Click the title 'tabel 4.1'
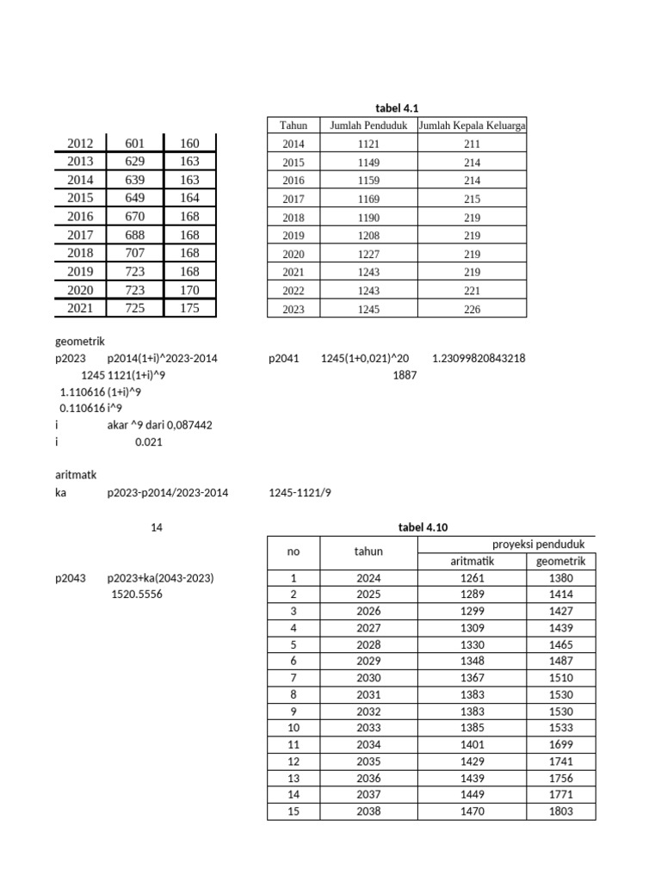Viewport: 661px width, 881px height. (x=396, y=108)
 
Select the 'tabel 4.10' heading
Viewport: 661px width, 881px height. (x=423, y=527)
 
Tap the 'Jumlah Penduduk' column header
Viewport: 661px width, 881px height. (x=368, y=126)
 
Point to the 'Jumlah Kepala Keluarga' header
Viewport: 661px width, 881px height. (x=472, y=126)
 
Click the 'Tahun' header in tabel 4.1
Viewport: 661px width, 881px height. (x=293, y=126)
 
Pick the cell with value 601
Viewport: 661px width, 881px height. (x=135, y=143)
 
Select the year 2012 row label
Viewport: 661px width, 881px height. (x=80, y=143)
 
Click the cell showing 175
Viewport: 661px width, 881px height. (x=189, y=307)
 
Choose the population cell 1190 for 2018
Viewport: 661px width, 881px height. (x=368, y=217)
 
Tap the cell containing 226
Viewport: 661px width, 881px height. (x=472, y=309)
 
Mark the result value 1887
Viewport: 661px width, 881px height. (x=405, y=375)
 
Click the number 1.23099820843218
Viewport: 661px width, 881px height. (x=478, y=359)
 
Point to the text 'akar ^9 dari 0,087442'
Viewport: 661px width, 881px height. (x=160, y=425)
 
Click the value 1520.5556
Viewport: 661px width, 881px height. (x=134, y=594)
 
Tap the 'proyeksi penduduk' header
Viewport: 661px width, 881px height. (x=538, y=545)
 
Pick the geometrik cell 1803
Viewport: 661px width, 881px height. (x=559, y=810)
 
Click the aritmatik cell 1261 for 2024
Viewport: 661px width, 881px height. (x=473, y=578)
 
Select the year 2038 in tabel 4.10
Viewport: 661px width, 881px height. (x=368, y=810)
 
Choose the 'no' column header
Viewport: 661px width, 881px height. (x=293, y=551)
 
